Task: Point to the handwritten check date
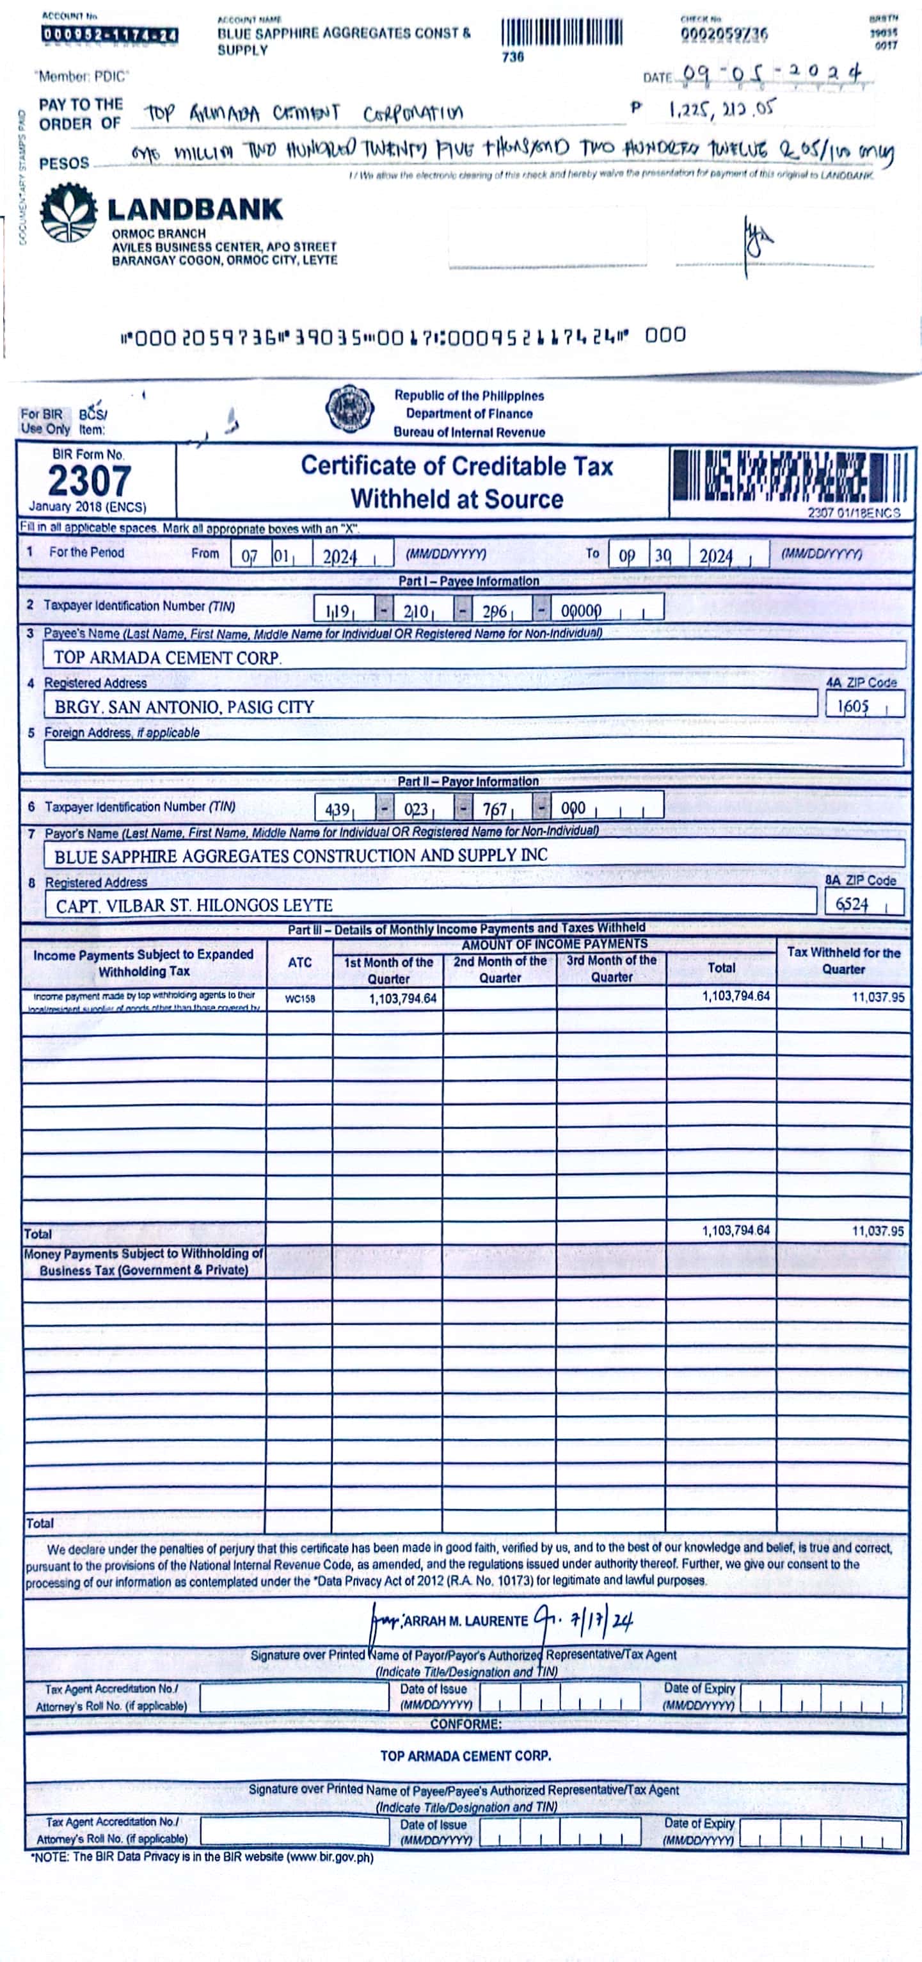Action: pyautogui.click(x=772, y=74)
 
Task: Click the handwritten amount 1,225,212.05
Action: pyautogui.click(x=721, y=109)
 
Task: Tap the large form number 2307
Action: pyautogui.click(x=89, y=481)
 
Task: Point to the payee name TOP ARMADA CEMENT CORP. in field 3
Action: pyautogui.click(x=168, y=657)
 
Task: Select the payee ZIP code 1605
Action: pyautogui.click(x=853, y=706)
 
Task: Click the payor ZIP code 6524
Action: pyautogui.click(x=852, y=904)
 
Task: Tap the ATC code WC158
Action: pyautogui.click(x=299, y=998)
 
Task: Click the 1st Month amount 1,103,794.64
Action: pyautogui.click(x=402, y=998)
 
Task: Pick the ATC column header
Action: pyautogui.click(x=299, y=962)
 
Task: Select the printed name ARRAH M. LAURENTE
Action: pyautogui.click(x=465, y=1620)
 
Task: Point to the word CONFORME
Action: pyautogui.click(x=465, y=1724)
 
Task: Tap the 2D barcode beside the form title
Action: pyautogui.click(x=789, y=475)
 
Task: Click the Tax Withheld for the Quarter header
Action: pyautogui.click(x=843, y=961)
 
